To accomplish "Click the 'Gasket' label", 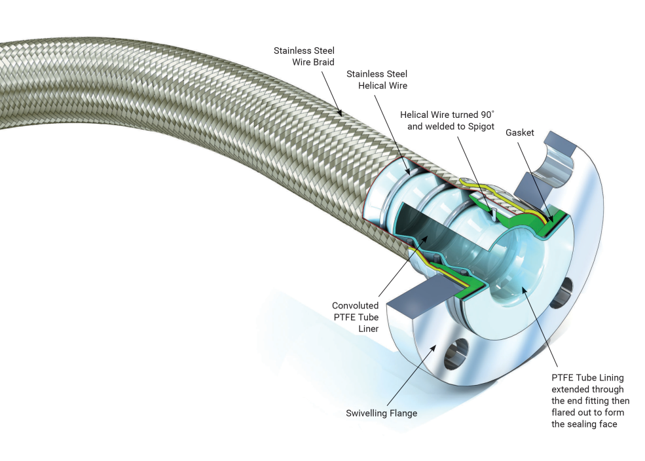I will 519,133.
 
